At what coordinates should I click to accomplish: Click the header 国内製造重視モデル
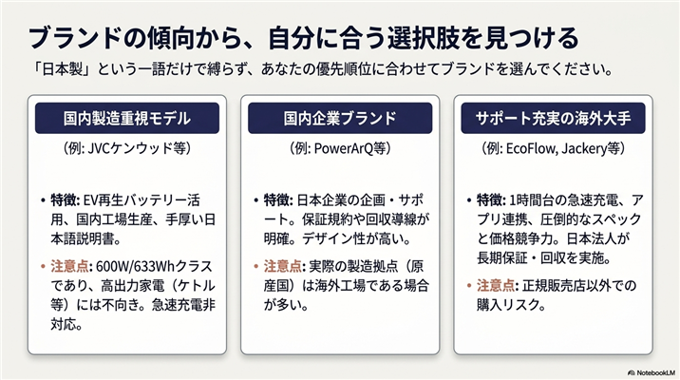tap(127, 118)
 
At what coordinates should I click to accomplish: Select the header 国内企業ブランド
tap(340, 118)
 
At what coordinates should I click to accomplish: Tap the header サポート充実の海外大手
tap(553, 118)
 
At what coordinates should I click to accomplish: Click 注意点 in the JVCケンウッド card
tap(69, 266)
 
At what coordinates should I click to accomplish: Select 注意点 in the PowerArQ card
tap(282, 266)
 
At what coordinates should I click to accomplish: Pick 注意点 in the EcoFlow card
tap(495, 285)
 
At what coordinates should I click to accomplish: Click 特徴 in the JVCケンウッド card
tap(64, 200)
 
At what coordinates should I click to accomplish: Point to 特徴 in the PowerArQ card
tap(276, 200)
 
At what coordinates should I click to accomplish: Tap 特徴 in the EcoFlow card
tap(490, 200)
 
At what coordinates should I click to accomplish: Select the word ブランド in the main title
tap(74, 38)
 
